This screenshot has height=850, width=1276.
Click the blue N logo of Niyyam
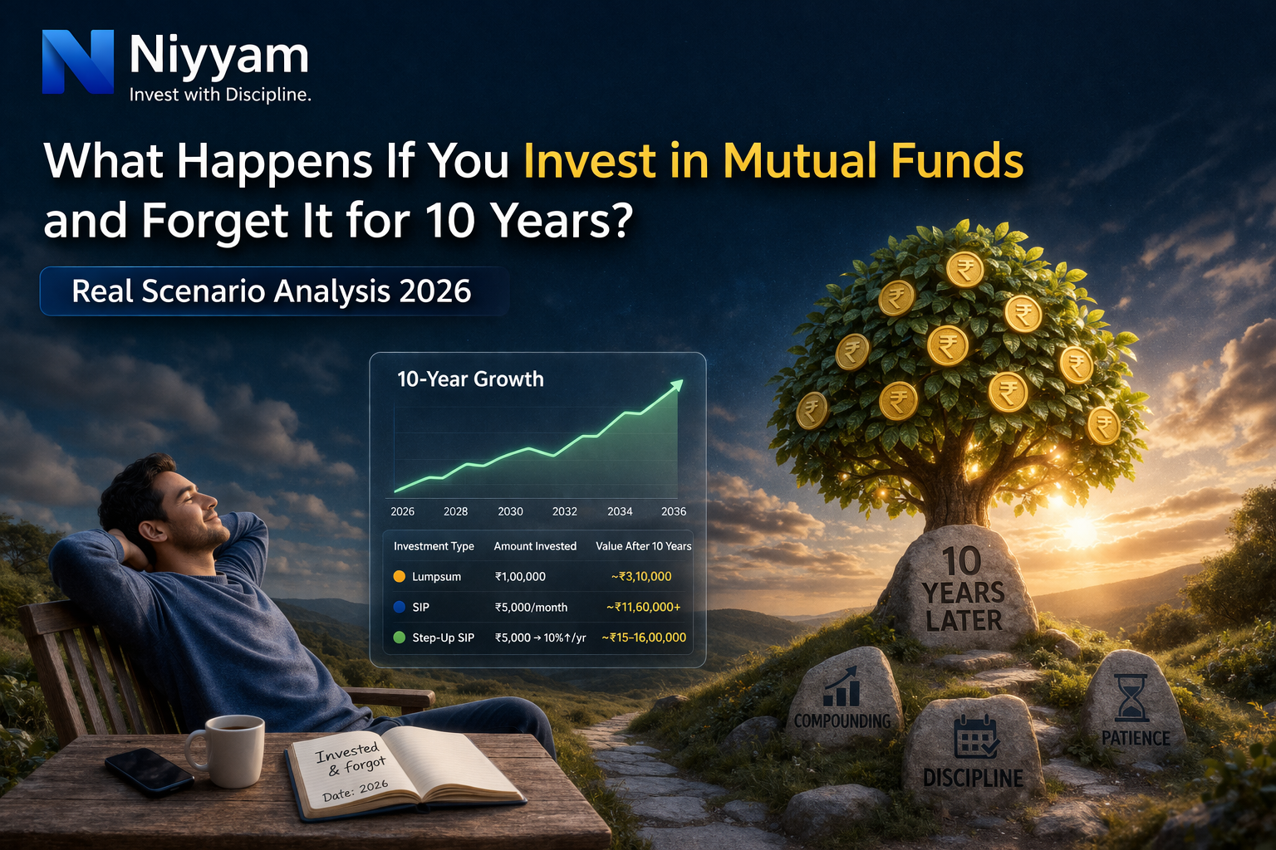77,61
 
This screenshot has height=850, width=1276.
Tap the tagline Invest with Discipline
220,95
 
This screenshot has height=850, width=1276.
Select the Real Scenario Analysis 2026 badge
272,291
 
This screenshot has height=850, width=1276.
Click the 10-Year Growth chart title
470,379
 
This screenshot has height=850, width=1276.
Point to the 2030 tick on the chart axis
510,511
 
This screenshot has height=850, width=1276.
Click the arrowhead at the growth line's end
677,385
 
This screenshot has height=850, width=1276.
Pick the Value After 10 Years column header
643,546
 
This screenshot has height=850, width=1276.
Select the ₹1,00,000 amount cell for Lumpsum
520,576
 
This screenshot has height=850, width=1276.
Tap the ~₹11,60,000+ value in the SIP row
643,607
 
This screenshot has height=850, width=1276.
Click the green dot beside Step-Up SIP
399,637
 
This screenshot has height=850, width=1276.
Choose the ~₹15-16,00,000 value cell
644,637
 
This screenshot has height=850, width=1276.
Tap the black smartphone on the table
149,771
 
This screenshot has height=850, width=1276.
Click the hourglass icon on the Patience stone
1131,697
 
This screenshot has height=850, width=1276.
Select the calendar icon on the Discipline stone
975,737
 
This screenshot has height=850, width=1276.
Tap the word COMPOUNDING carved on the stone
842,721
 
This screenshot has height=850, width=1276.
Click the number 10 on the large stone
961,562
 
